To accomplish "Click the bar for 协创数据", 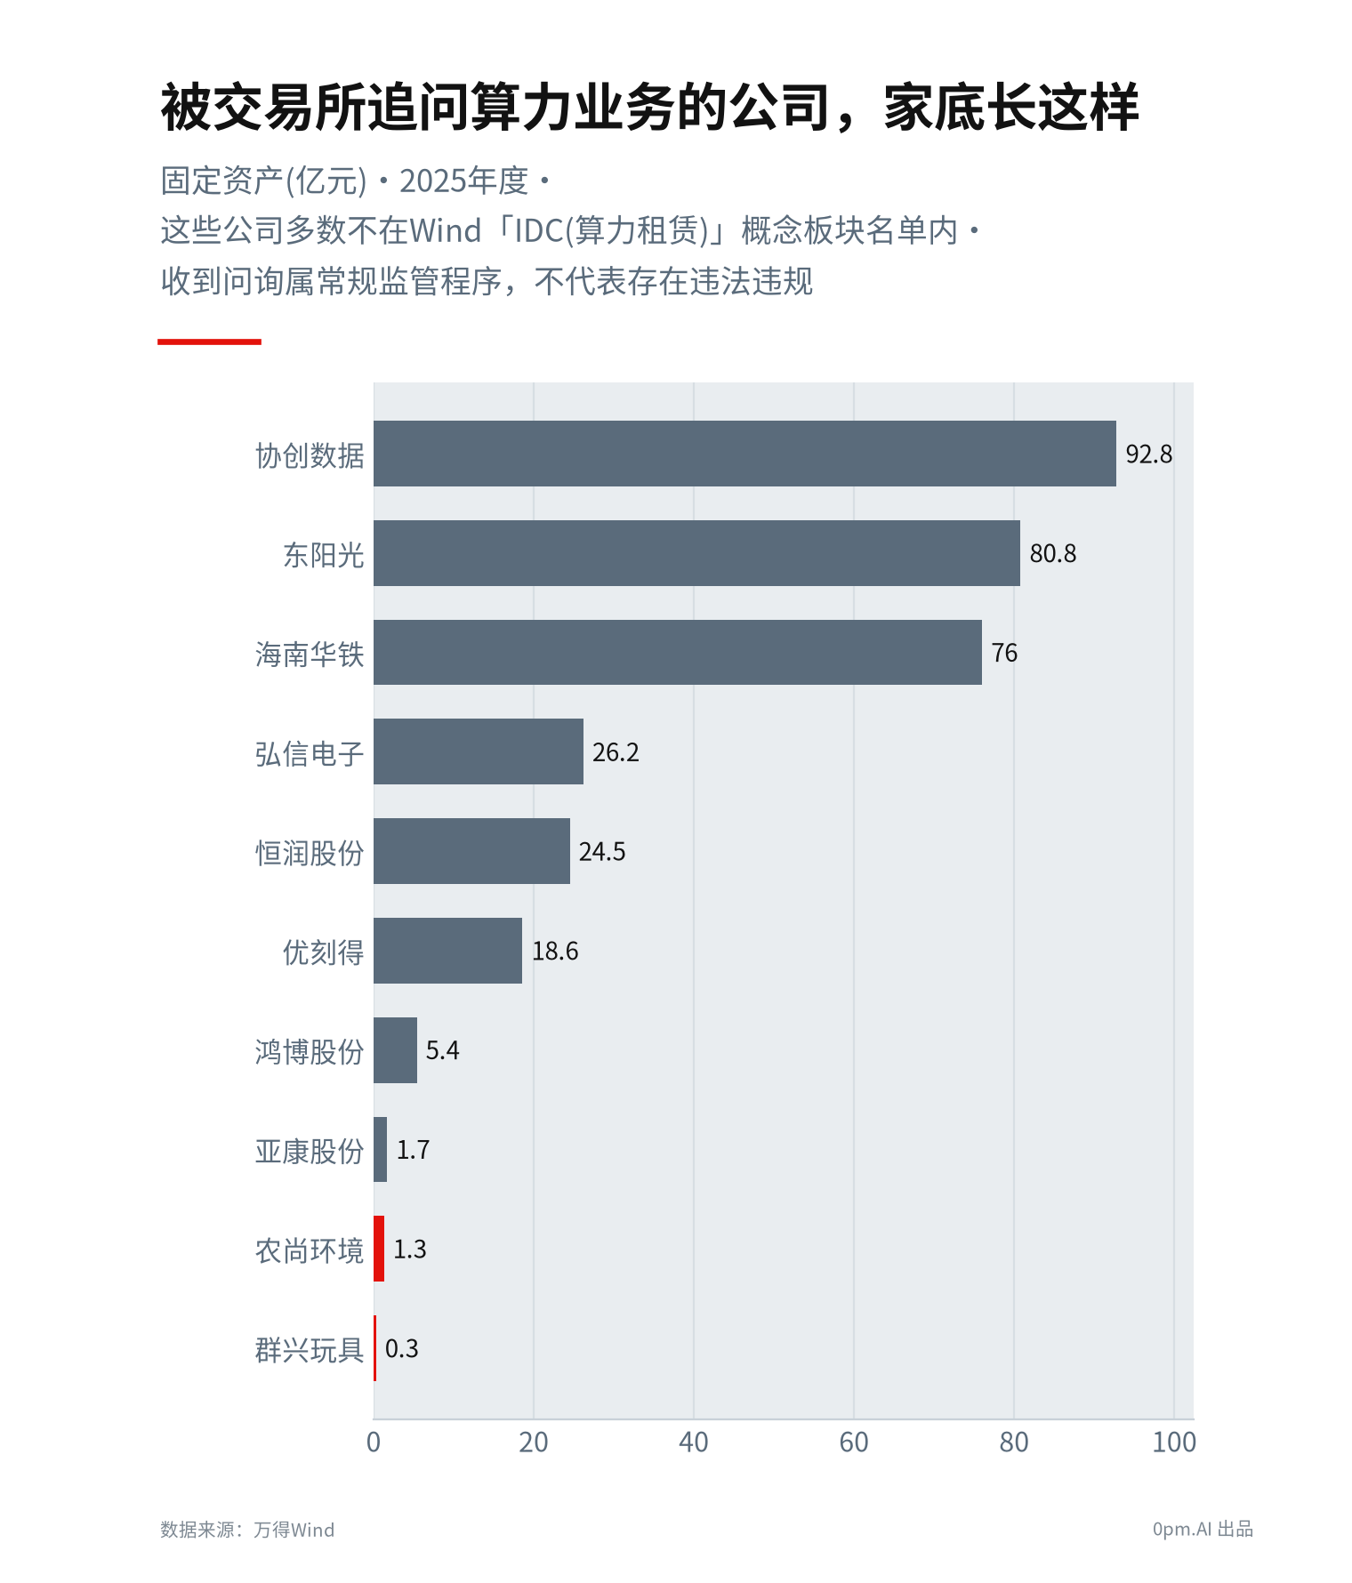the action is point(744,454).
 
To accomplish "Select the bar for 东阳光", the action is point(696,553).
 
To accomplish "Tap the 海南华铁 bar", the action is point(678,653).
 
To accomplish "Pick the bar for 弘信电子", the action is point(479,751).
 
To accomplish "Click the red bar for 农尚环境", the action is point(379,1249).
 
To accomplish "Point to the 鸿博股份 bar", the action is point(395,1050).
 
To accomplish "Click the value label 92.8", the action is point(1148,454).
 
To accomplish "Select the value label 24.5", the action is point(602,852).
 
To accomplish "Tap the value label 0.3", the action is point(401,1349).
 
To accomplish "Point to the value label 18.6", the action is point(555,952).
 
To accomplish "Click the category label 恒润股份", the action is point(310,853).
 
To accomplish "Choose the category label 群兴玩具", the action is point(310,1350).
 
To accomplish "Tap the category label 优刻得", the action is point(324,952).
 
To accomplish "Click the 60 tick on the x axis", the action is point(854,1442).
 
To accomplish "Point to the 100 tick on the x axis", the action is point(1174,1442).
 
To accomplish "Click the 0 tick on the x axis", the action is point(374,1442).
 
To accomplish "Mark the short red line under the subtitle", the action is point(209,342).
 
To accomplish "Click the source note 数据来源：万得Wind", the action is point(247,1530).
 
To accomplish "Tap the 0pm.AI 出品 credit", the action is point(1203,1529).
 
